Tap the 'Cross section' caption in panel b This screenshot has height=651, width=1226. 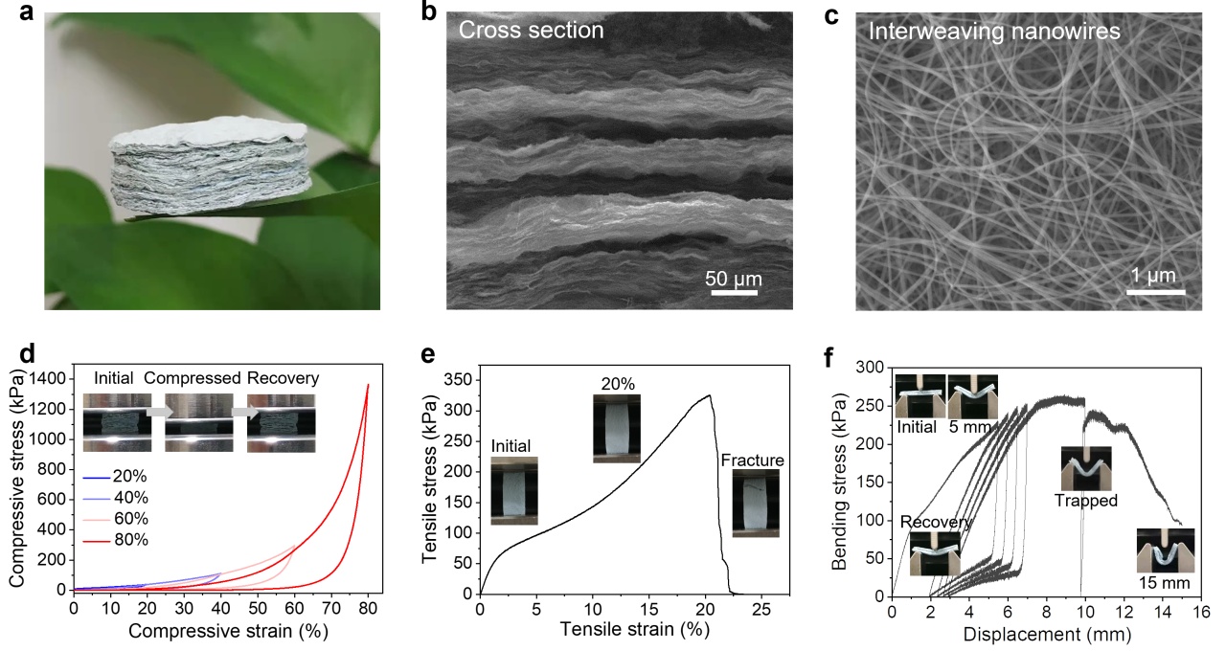(x=531, y=31)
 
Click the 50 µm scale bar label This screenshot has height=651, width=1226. (x=734, y=279)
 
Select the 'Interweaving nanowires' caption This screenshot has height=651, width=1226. (x=994, y=31)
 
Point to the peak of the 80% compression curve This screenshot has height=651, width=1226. (x=368, y=385)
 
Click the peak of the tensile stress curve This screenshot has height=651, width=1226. (x=709, y=395)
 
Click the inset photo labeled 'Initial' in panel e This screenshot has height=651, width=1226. (x=514, y=490)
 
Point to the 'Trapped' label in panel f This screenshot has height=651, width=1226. (x=1086, y=500)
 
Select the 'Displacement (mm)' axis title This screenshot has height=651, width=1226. (x=1047, y=634)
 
